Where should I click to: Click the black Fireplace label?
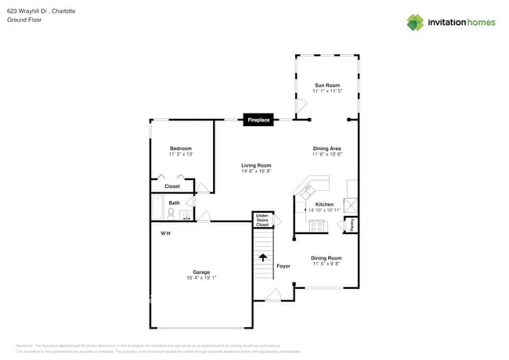[x=258, y=120]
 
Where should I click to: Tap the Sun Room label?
[x=327, y=85]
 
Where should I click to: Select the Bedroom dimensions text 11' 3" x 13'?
[x=181, y=154]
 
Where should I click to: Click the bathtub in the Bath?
[x=157, y=208]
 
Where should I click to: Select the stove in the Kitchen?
[x=318, y=225]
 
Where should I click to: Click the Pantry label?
[x=352, y=225]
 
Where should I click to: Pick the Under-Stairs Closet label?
[x=262, y=220]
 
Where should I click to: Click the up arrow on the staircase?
[x=262, y=257]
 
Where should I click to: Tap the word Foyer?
[x=283, y=266]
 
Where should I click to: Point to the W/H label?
[x=166, y=233]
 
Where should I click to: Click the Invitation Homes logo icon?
[x=414, y=22]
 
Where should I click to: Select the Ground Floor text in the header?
[x=24, y=20]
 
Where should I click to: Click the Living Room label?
[x=256, y=165]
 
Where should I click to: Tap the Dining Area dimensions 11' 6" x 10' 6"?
[x=327, y=154]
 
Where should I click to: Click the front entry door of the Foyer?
[x=273, y=296]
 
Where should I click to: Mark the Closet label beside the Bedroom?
[x=171, y=186]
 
